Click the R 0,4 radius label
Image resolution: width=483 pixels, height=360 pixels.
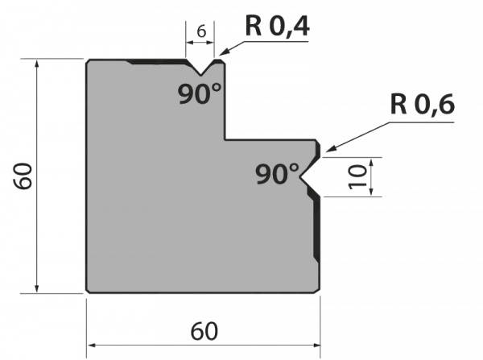point(277,27)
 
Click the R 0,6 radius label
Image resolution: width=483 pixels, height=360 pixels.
point(423,105)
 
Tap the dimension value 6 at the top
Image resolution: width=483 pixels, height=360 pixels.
point(201,31)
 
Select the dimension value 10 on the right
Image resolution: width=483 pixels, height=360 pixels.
point(357,176)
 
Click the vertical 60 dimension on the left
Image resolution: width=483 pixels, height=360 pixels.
point(23,176)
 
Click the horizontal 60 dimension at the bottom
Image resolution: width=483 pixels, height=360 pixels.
point(204,331)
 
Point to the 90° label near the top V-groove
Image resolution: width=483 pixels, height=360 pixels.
point(200,93)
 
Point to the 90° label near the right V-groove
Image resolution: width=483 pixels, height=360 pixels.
point(277,174)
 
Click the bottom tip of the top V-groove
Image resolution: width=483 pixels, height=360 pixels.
point(200,75)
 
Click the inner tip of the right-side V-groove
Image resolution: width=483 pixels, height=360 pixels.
point(299,177)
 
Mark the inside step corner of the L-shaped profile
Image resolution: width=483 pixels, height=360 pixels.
point(225,140)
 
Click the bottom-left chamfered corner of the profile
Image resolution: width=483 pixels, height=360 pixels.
point(88,291)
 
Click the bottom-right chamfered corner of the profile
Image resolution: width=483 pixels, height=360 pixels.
point(318,291)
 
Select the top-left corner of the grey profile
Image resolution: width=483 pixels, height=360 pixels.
point(88,60)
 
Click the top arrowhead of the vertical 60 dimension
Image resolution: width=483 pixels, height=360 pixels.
point(37,64)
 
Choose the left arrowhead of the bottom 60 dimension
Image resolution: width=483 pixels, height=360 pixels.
point(92,346)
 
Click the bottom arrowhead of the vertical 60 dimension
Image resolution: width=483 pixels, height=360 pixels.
point(37,288)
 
